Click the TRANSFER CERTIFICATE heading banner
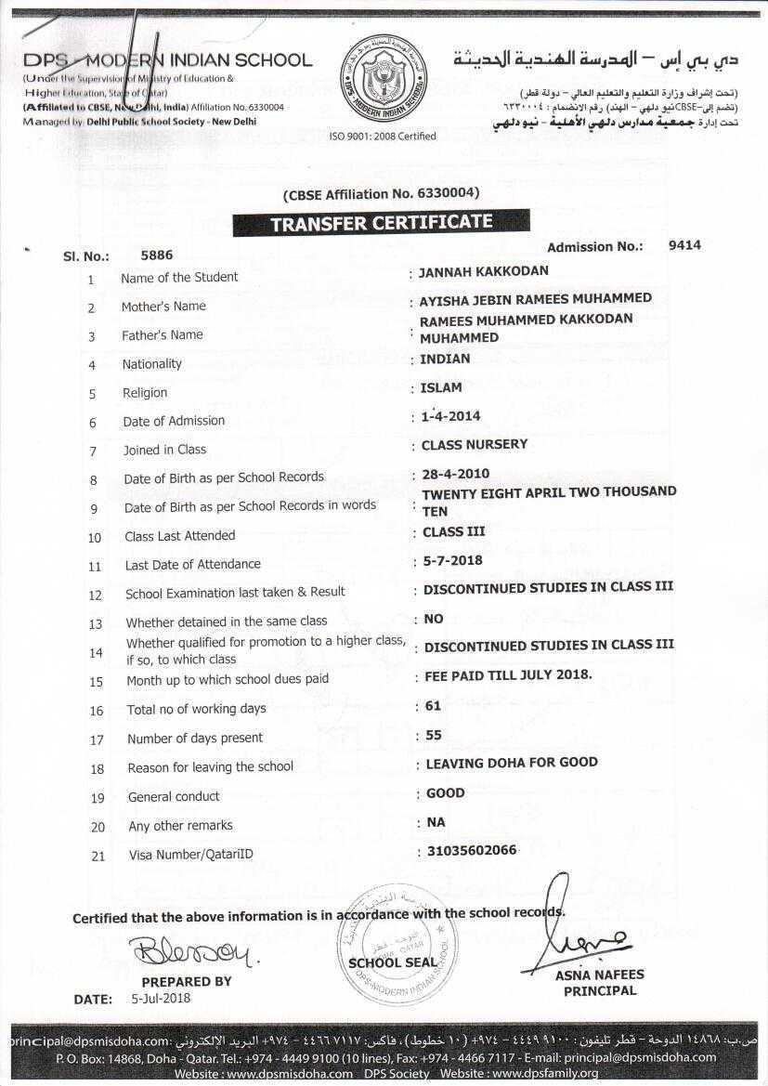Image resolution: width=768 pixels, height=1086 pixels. (381, 223)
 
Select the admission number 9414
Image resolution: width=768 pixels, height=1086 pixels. (684, 245)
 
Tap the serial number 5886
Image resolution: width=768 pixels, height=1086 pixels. (156, 255)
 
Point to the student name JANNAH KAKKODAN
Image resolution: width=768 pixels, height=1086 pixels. (484, 271)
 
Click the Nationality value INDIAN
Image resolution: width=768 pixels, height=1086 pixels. (445, 359)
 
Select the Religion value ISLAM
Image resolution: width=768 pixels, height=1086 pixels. (441, 388)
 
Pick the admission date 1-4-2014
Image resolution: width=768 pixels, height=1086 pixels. (450, 417)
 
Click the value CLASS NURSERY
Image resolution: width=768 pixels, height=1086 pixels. (474, 445)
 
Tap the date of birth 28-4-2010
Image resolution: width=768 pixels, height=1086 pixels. (455, 474)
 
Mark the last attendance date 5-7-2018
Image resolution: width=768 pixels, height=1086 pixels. (452, 561)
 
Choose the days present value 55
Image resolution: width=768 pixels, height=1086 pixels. (433, 735)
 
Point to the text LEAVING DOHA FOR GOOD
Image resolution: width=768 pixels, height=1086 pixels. (511, 763)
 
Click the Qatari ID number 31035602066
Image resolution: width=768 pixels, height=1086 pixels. (471, 850)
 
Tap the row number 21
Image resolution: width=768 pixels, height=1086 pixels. (98, 856)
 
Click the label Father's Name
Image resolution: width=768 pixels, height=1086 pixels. (162, 335)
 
